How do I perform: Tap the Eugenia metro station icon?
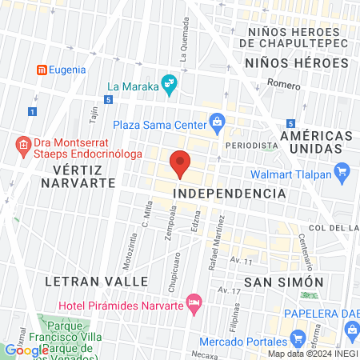click(42, 70)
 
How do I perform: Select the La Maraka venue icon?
click(169, 82)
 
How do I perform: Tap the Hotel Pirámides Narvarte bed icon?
click(194, 303)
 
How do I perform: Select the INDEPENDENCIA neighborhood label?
click(230, 194)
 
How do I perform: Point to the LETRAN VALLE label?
click(97, 282)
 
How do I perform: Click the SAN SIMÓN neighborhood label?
click(283, 282)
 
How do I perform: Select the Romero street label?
click(283, 84)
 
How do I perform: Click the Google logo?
click(26, 350)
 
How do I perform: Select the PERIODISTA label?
click(250, 146)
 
